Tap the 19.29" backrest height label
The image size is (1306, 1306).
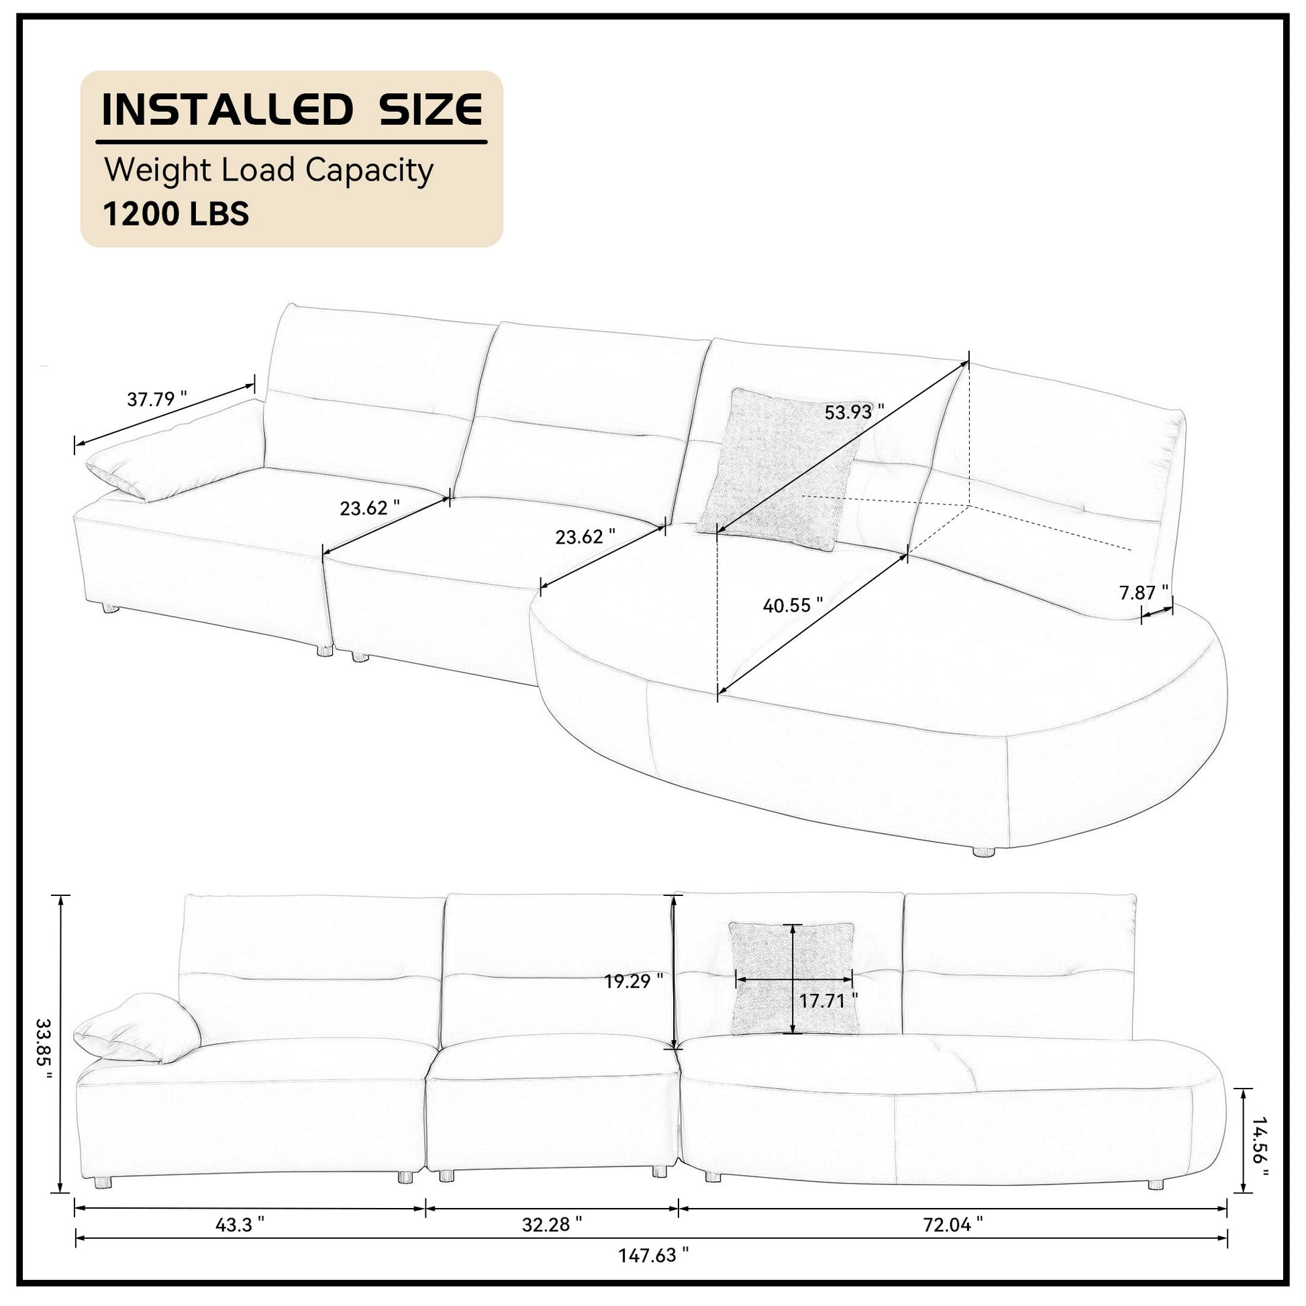(x=634, y=981)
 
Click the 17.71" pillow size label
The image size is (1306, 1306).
(x=828, y=1001)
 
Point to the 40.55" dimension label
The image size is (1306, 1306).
(x=792, y=605)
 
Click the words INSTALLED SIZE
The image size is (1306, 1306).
(x=291, y=109)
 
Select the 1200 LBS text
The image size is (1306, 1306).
(x=176, y=214)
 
